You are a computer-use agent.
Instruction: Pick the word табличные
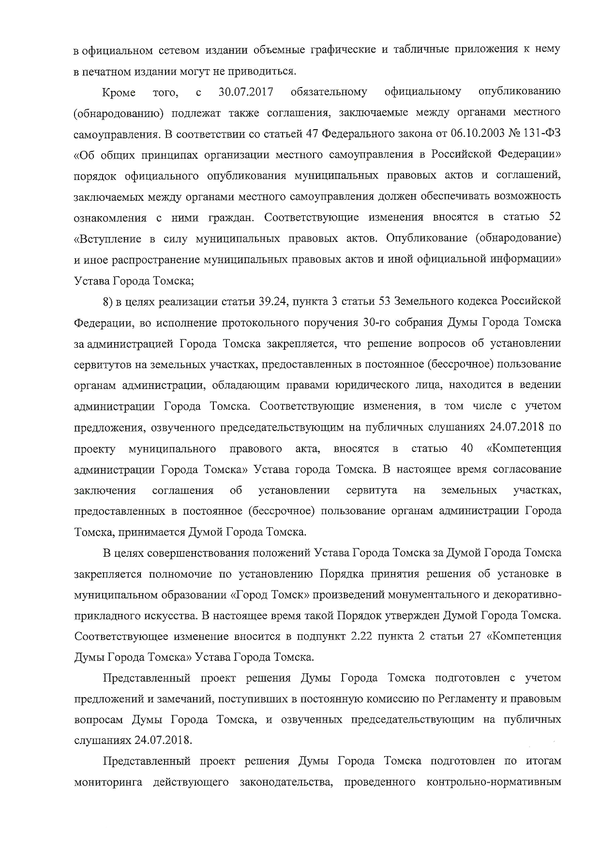click(419, 50)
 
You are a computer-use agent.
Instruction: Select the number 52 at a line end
click(555, 217)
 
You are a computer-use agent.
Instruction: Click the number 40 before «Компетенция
click(467, 448)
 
